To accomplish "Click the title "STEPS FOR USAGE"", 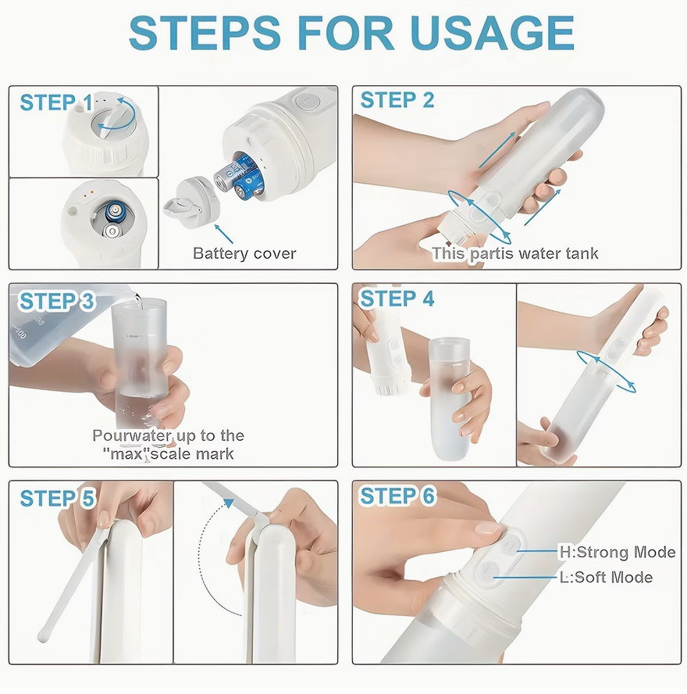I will [x=351, y=33].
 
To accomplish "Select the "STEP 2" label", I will [x=397, y=101].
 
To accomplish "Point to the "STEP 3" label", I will [x=57, y=302].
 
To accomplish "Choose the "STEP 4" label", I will [x=397, y=299].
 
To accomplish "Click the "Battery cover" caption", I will [x=244, y=253].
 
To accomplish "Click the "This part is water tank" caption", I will [x=515, y=253].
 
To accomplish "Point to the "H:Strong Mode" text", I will [x=617, y=553].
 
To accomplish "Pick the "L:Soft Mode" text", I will [x=606, y=578].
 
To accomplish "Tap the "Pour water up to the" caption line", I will [x=168, y=436].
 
